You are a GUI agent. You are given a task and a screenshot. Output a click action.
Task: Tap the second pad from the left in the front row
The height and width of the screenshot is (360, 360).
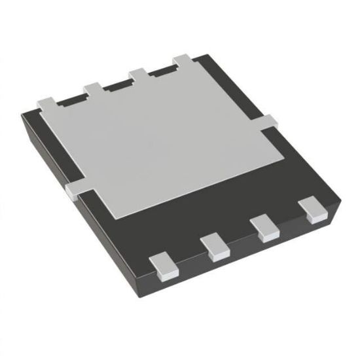point(214,247)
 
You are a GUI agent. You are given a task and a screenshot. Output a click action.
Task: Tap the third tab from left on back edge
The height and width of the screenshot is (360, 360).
point(138,73)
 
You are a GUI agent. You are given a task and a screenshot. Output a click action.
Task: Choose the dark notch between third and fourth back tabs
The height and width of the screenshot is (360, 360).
point(160,70)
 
